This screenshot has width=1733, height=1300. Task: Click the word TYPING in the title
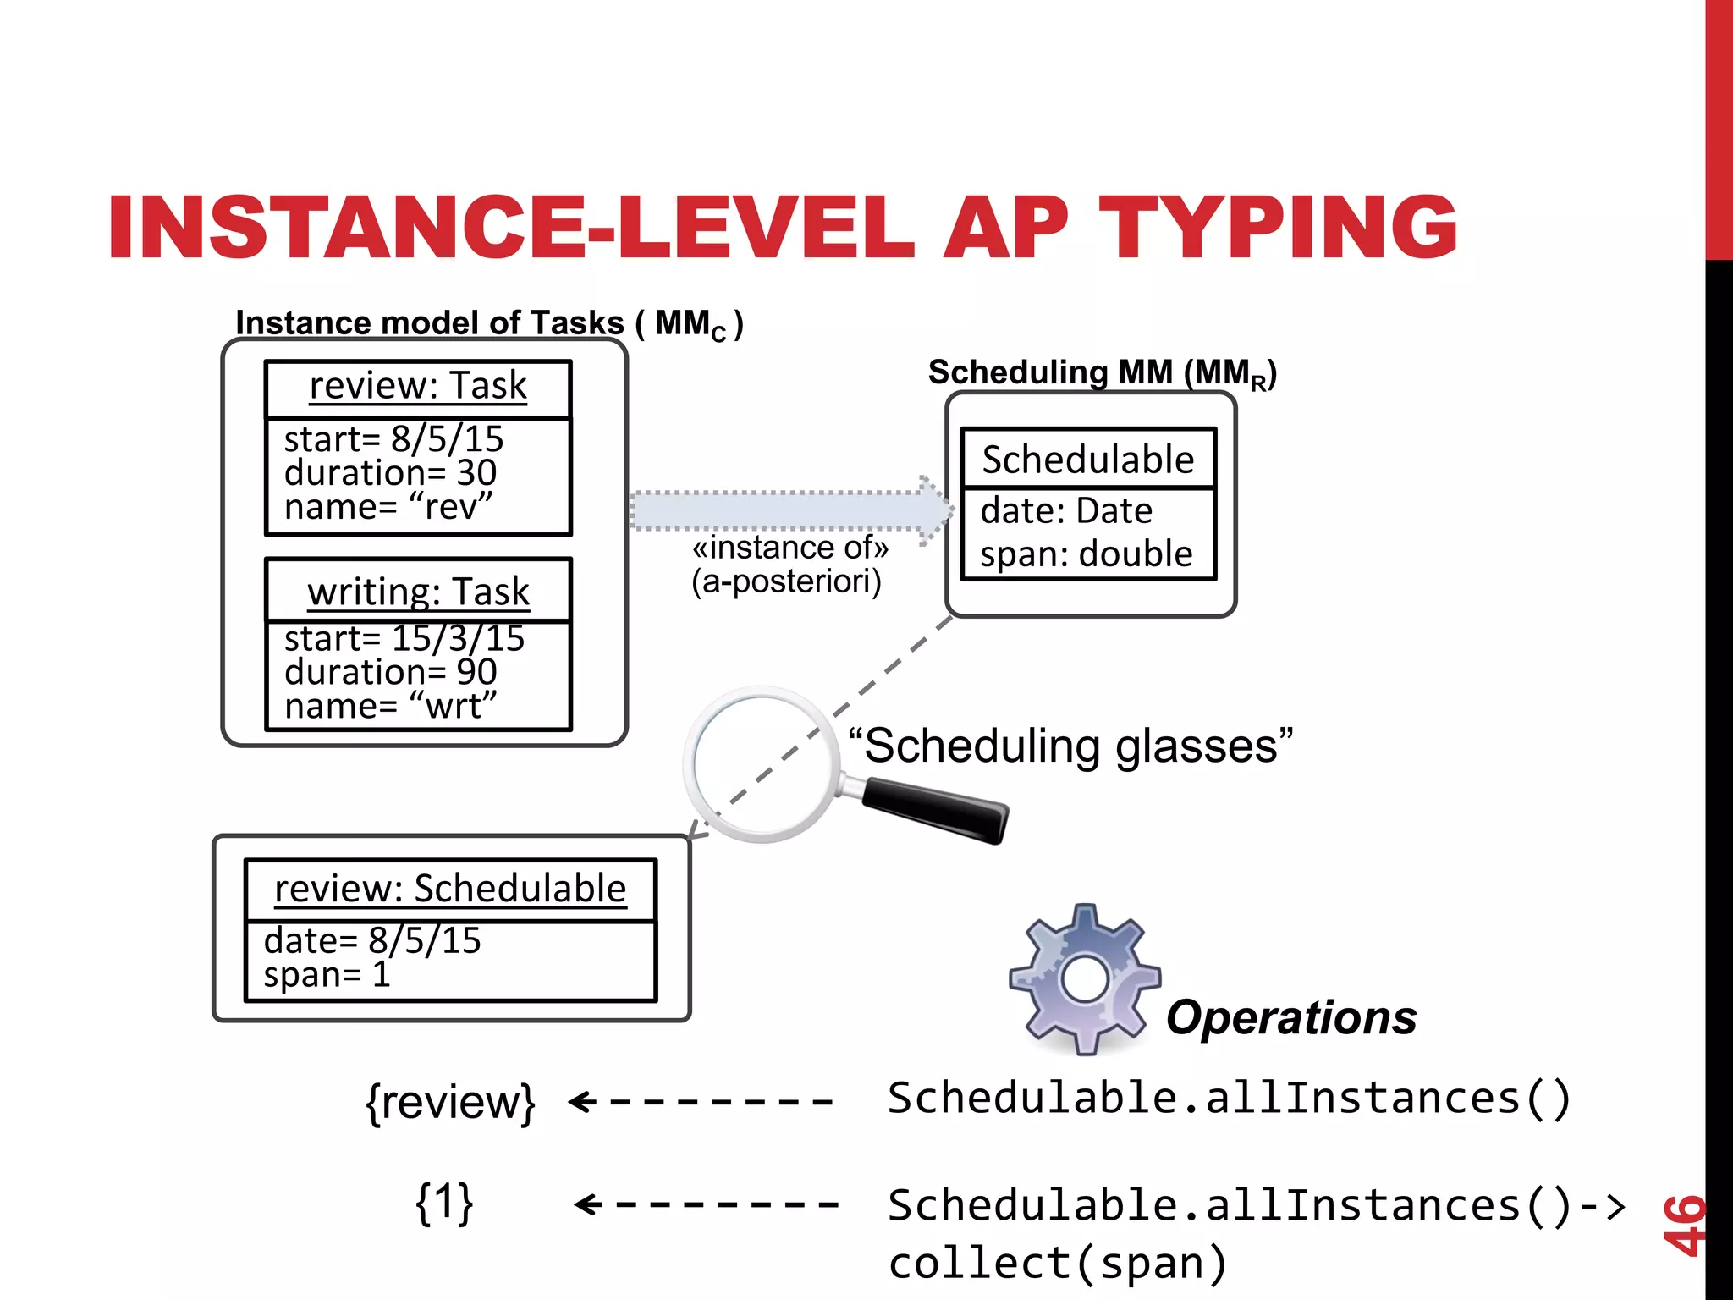[1278, 227]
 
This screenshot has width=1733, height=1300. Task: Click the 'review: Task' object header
[418, 387]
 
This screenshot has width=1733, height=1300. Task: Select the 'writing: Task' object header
[418, 592]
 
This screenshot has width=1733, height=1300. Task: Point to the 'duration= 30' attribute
[390, 472]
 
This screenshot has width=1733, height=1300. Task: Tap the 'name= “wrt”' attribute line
[390, 705]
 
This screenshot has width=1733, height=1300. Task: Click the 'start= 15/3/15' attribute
[404, 637]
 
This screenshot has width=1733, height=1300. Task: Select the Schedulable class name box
[1088, 460]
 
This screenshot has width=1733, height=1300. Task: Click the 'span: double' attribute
[1087, 554]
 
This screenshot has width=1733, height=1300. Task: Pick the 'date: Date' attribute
[1066, 510]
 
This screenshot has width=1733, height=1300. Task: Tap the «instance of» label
[790, 548]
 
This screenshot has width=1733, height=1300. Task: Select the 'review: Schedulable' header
[450, 889]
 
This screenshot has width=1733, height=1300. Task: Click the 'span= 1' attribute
[327, 974]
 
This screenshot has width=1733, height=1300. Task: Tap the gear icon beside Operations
[1085, 978]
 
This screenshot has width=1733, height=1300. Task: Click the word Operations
[1290, 1017]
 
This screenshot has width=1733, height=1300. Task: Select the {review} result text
[450, 1102]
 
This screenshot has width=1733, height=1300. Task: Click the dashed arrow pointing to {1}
[707, 1204]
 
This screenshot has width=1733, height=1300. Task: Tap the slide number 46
[1682, 1224]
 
